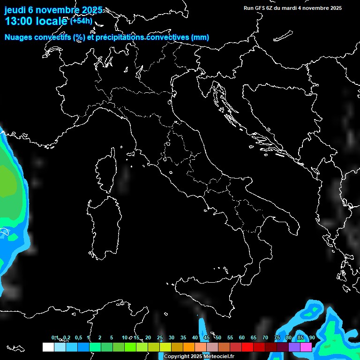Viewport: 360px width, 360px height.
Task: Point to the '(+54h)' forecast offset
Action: [x=81, y=21]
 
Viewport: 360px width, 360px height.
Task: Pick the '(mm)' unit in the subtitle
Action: [x=200, y=37]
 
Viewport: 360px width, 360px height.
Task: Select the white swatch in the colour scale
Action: [x=48, y=347]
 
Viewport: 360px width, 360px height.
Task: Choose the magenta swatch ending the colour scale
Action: [x=306, y=347]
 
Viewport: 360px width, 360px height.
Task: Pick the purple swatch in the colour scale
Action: [x=294, y=347]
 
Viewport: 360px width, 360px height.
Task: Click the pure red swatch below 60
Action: [x=247, y=347]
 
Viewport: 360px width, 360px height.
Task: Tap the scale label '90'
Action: [x=312, y=338]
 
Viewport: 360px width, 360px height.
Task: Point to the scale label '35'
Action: [x=183, y=338]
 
